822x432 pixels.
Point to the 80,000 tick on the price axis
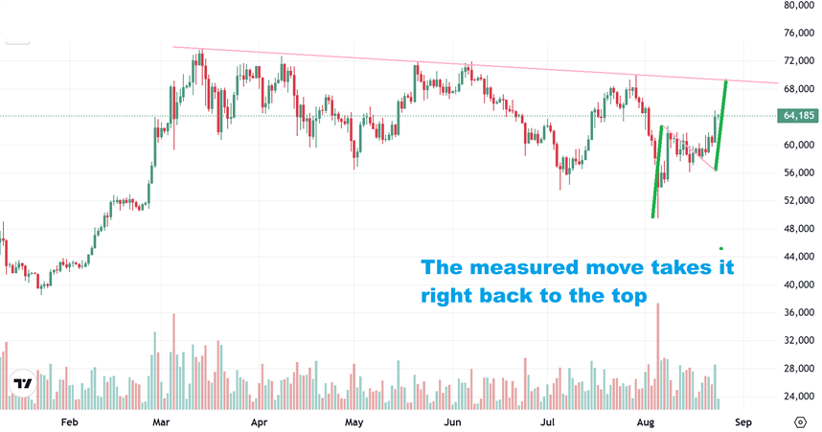point(799,6)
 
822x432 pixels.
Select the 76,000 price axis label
point(799,34)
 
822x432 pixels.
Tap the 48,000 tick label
point(799,229)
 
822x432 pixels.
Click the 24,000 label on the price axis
point(799,396)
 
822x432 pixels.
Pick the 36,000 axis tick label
point(799,312)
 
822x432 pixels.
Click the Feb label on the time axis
point(68,421)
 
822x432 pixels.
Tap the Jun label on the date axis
point(453,421)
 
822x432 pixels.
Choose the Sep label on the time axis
point(743,421)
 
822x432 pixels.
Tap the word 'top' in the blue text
point(625,296)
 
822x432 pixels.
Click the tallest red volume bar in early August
point(658,354)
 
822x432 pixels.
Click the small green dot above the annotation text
point(719,248)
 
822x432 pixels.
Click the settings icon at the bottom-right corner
point(800,421)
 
